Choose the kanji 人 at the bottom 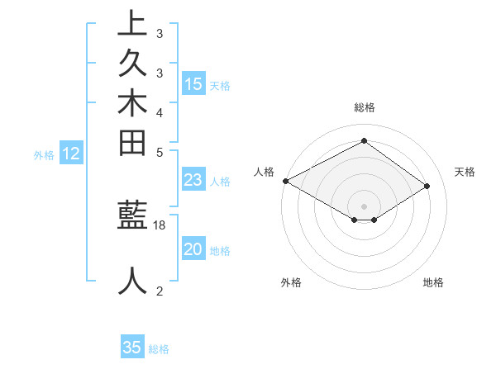tap(132, 281)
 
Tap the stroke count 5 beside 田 tap(159, 152)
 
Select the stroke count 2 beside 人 tap(159, 291)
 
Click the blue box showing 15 tap(193, 84)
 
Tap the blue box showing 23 tap(193, 181)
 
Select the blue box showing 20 tap(193, 250)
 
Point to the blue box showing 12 tap(71, 154)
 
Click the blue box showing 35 tap(132, 348)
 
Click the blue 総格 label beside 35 tap(159, 349)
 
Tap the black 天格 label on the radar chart tap(465, 172)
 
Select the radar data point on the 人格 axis tap(285, 181)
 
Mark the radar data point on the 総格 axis tap(364, 140)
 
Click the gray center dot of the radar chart tap(364, 206)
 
